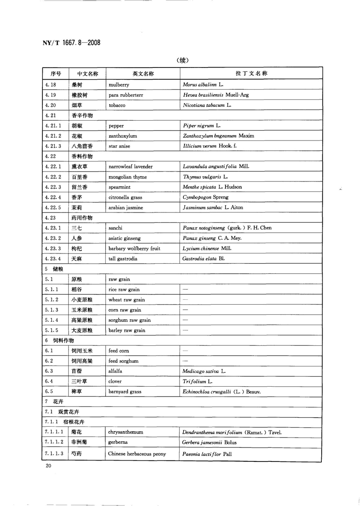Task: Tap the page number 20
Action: (x=48, y=466)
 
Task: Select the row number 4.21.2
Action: (x=54, y=136)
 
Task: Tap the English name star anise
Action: (x=120, y=146)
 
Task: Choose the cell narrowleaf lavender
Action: (x=130, y=166)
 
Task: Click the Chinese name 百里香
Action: (x=80, y=176)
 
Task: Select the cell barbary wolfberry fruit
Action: (x=134, y=248)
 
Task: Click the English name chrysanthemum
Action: (x=126, y=432)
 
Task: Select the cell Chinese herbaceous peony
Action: (x=137, y=453)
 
